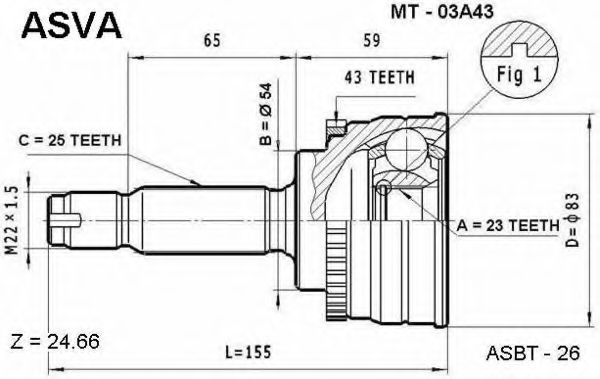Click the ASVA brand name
pos(72,25)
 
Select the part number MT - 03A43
pos(441,12)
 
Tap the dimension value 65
pos(212,41)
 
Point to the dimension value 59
pos(372,41)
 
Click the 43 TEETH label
pos(379,77)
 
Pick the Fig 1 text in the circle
pos(519,74)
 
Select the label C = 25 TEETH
pos(70,140)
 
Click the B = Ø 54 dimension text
pos(265,114)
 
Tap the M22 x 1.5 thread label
pos(12,221)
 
